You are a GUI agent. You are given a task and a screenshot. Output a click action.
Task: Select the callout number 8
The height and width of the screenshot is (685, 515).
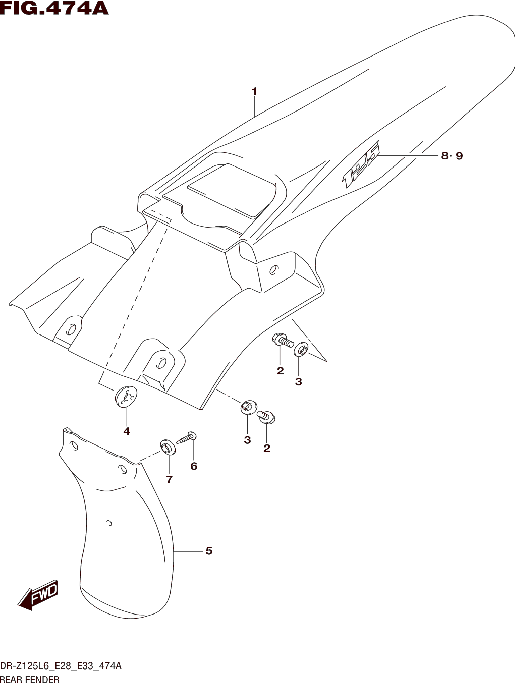click(x=445, y=156)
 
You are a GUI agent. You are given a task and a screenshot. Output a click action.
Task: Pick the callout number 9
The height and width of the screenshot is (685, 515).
click(x=459, y=156)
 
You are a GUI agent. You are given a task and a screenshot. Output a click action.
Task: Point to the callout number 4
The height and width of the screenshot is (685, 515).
click(x=126, y=431)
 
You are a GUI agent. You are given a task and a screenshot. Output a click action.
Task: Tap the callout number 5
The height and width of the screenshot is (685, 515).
click(x=209, y=551)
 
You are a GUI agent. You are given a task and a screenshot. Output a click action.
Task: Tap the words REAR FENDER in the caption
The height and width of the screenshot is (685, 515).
click(x=30, y=680)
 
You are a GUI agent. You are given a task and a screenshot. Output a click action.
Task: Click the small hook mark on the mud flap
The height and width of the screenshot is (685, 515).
click(x=109, y=524)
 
